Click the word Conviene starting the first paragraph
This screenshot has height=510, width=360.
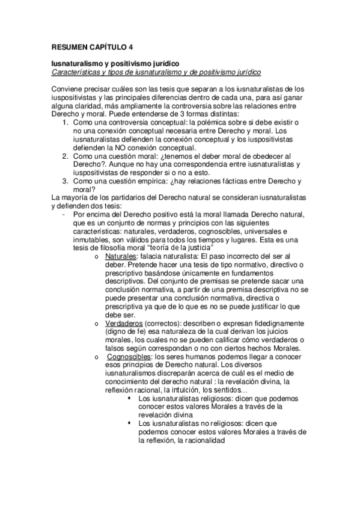click(x=68, y=89)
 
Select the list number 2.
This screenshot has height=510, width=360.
click(x=66, y=156)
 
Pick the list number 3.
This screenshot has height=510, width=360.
click(x=66, y=181)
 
